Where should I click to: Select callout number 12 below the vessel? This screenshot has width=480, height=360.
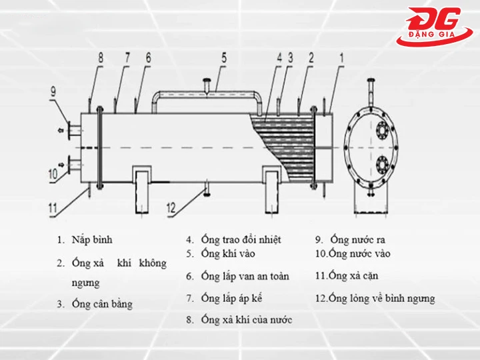click(x=171, y=208)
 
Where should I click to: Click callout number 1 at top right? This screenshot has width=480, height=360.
click(x=341, y=58)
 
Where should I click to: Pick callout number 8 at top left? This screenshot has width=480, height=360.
click(x=101, y=58)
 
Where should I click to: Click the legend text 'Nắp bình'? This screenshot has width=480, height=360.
click(x=93, y=239)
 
